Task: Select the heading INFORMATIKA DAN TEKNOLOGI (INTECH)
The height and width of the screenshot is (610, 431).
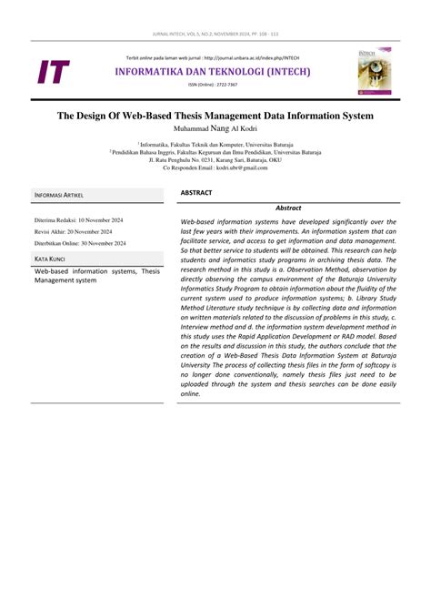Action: coord(213,70)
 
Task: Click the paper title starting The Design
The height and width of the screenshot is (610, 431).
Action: coord(215,116)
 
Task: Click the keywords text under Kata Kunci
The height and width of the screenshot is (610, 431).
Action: coord(100,276)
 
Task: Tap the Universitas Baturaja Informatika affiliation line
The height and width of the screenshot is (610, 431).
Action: coord(215,144)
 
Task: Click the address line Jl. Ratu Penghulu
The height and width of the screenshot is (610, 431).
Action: coord(215,160)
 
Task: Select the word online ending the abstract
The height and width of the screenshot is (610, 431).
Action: coord(191,420)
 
